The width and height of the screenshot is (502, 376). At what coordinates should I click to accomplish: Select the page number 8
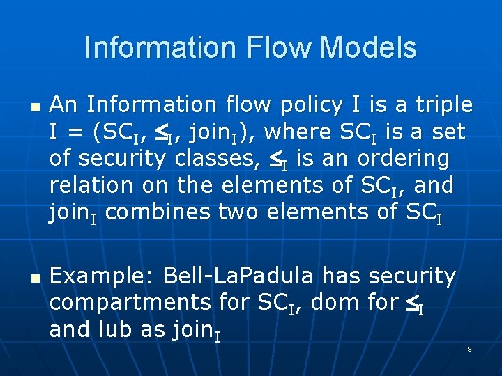(x=469, y=349)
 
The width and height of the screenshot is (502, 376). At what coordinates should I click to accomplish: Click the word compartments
(x=130, y=303)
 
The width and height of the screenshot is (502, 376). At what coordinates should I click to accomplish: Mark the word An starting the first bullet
(x=63, y=105)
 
